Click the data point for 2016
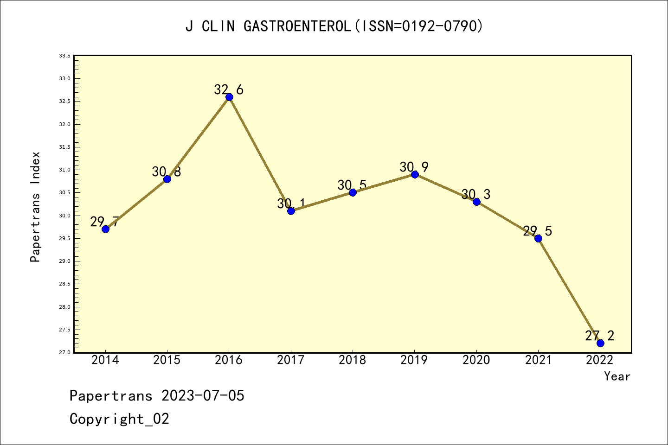click(x=229, y=97)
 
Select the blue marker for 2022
click(x=600, y=343)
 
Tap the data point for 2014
click(x=105, y=229)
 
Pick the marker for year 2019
click(x=415, y=174)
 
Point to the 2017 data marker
click(x=291, y=211)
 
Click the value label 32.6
click(x=229, y=89)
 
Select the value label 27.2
click(x=599, y=336)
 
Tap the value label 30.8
click(x=167, y=172)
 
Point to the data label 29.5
click(x=538, y=231)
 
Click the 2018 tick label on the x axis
click(x=353, y=360)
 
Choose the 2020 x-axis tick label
click(x=476, y=360)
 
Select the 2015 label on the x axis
click(x=167, y=360)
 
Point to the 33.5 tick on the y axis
click(x=64, y=56)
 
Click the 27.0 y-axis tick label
click(x=64, y=353)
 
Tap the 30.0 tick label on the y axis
click(x=64, y=216)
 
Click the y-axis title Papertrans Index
click(x=35, y=207)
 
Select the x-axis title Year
click(x=617, y=376)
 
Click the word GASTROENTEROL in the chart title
click(x=297, y=26)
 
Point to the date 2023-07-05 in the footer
click(x=203, y=396)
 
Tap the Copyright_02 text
click(x=119, y=419)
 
